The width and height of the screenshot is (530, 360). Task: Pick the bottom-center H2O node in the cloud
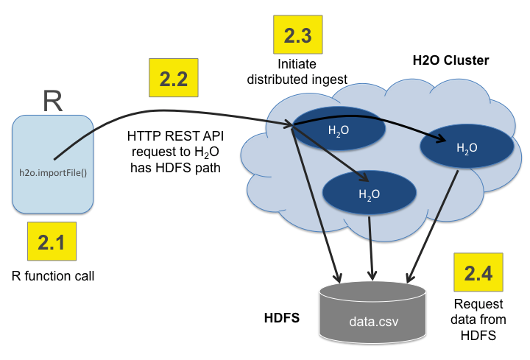(369, 194)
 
